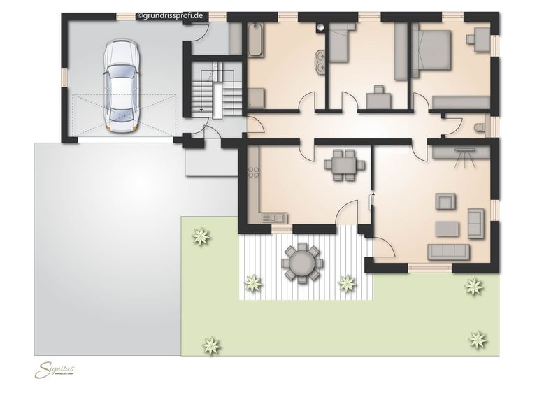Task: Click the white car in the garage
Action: coord(122,85)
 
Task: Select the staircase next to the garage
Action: coord(207,89)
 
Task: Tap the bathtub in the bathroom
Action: coord(254,41)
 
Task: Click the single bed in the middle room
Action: coord(341,43)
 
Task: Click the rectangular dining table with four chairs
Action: coord(344,165)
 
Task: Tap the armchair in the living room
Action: coord(445,202)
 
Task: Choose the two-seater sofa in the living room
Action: coord(476,223)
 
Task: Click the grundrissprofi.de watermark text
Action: coord(172,15)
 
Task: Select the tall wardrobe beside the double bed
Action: coord(401,52)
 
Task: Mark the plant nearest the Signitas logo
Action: coord(210,345)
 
